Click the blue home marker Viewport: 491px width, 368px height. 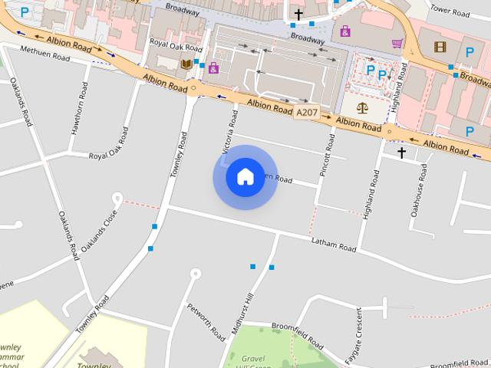click(x=245, y=177)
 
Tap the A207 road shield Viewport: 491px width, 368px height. click(x=305, y=113)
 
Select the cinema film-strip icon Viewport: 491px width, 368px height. click(x=440, y=47)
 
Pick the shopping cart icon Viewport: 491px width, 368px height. click(x=397, y=43)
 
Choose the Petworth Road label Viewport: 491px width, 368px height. click(x=206, y=323)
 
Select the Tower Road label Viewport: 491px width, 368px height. click(x=450, y=11)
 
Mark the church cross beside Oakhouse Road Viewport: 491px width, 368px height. click(x=401, y=153)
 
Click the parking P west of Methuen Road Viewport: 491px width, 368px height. click(x=25, y=11)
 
